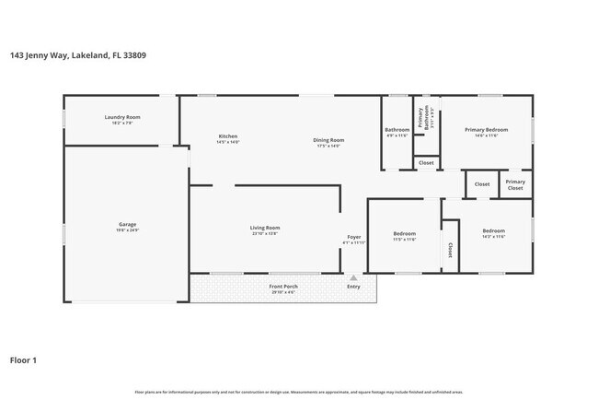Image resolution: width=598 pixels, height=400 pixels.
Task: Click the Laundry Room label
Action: pyautogui.click(x=121, y=117)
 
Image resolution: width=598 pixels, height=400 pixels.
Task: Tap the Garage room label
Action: pyautogui.click(x=127, y=224)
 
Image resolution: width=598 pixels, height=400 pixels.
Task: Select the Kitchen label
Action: pyautogui.click(x=227, y=136)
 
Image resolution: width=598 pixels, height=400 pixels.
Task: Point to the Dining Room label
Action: pyautogui.click(x=328, y=139)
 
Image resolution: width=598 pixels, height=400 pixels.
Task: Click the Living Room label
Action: pyautogui.click(x=265, y=228)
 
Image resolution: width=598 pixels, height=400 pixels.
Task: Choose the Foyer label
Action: pyautogui.click(x=353, y=237)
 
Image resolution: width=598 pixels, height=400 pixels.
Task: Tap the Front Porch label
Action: pyautogui.click(x=282, y=287)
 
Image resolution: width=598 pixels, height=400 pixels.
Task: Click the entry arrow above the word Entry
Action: pyautogui.click(x=353, y=276)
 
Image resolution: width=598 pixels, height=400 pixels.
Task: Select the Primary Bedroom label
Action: pyautogui.click(x=486, y=130)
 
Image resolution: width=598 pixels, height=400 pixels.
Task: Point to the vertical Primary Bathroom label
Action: pyautogui.click(x=421, y=118)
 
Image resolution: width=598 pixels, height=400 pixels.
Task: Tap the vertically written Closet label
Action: pyautogui.click(x=450, y=250)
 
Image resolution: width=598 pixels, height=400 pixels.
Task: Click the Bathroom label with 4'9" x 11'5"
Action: pyautogui.click(x=397, y=130)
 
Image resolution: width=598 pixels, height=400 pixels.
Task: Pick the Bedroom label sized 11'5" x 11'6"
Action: pyautogui.click(x=405, y=233)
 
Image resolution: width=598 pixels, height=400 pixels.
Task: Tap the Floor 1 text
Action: pyautogui.click(x=23, y=360)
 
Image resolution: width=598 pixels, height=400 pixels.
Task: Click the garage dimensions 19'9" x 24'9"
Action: pyautogui.click(x=127, y=230)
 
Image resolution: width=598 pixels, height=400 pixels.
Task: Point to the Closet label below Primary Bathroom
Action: pyautogui.click(x=426, y=163)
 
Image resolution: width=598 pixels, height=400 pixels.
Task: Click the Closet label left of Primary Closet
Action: pyautogui.click(x=481, y=184)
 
